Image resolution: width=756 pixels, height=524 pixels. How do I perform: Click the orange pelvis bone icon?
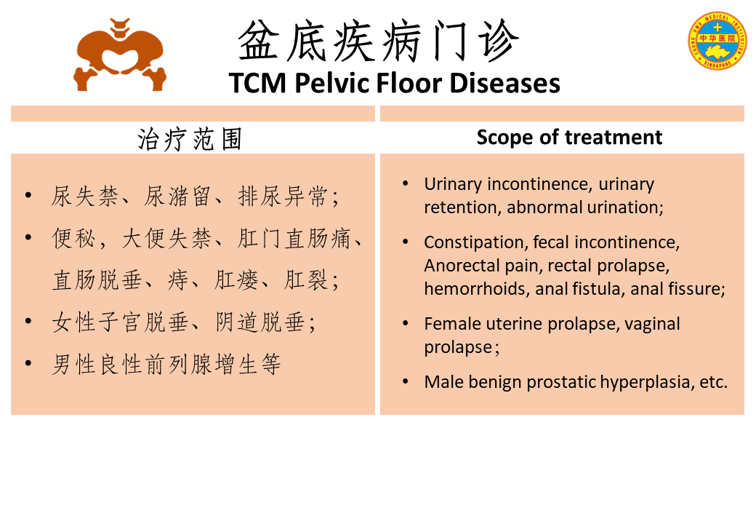[x=119, y=55]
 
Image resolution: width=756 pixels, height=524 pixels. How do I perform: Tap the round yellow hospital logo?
[x=717, y=41]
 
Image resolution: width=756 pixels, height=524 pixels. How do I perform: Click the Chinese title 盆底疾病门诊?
[x=379, y=41]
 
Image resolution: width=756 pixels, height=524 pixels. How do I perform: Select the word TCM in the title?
[x=258, y=83]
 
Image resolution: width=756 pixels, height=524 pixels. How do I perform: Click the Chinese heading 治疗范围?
[x=190, y=140]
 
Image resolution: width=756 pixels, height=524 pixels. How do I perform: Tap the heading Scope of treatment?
[x=569, y=138]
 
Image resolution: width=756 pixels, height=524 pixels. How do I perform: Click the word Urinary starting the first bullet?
[x=453, y=184]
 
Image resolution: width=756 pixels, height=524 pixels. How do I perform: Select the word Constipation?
[x=475, y=242]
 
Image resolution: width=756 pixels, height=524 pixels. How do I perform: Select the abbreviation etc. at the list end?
[x=714, y=382]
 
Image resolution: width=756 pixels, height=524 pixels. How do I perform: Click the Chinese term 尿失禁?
[x=84, y=196]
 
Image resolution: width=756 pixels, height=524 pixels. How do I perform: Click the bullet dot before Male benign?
[x=406, y=382]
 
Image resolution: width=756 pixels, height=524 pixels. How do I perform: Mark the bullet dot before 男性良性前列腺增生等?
[x=28, y=363]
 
